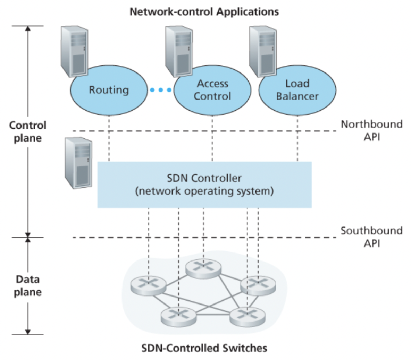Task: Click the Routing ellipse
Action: pos(109,90)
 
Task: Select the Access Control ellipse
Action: pos(212,90)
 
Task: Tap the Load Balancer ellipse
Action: pos(297,90)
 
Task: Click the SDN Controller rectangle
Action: pos(204,185)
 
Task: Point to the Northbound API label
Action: pos(371,130)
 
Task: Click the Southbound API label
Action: pos(371,237)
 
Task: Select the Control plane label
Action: pos(27,131)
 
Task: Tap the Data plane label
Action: pos(27,285)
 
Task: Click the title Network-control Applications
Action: pos(204,12)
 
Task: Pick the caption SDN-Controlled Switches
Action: pos(204,348)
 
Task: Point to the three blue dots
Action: pos(160,90)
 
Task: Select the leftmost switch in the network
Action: pos(148,286)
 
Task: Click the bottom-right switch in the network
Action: pos(247,316)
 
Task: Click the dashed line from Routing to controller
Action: pos(109,139)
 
